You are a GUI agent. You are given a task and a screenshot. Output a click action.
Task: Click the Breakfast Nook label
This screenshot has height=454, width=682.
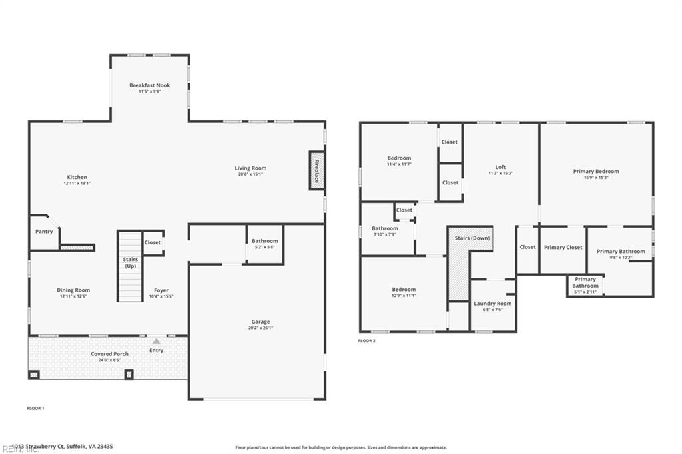(149, 85)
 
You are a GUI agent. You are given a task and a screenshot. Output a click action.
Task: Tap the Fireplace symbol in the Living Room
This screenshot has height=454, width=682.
(316, 170)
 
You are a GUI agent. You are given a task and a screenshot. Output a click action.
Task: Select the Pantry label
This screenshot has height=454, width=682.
(44, 232)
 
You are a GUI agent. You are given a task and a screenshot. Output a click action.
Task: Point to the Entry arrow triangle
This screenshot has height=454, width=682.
(156, 341)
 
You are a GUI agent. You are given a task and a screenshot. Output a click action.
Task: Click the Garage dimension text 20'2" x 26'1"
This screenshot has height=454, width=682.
(260, 328)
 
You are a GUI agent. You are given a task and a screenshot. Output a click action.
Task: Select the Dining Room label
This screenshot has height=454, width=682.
(73, 290)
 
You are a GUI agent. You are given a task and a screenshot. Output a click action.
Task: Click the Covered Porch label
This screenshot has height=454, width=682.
(109, 354)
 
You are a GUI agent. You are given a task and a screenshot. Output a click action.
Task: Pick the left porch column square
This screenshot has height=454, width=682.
(34, 374)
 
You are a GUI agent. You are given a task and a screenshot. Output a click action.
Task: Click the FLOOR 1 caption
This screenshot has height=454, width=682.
(35, 408)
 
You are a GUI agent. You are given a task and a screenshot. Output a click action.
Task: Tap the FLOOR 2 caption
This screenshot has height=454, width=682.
(367, 341)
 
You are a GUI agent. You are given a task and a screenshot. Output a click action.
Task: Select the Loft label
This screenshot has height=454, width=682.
(500, 167)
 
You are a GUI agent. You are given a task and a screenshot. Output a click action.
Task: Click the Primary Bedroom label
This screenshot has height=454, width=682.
(596, 172)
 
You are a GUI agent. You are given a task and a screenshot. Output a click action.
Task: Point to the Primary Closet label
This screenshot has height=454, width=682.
(563, 248)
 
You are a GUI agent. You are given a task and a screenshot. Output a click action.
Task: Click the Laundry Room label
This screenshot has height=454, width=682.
(492, 304)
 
